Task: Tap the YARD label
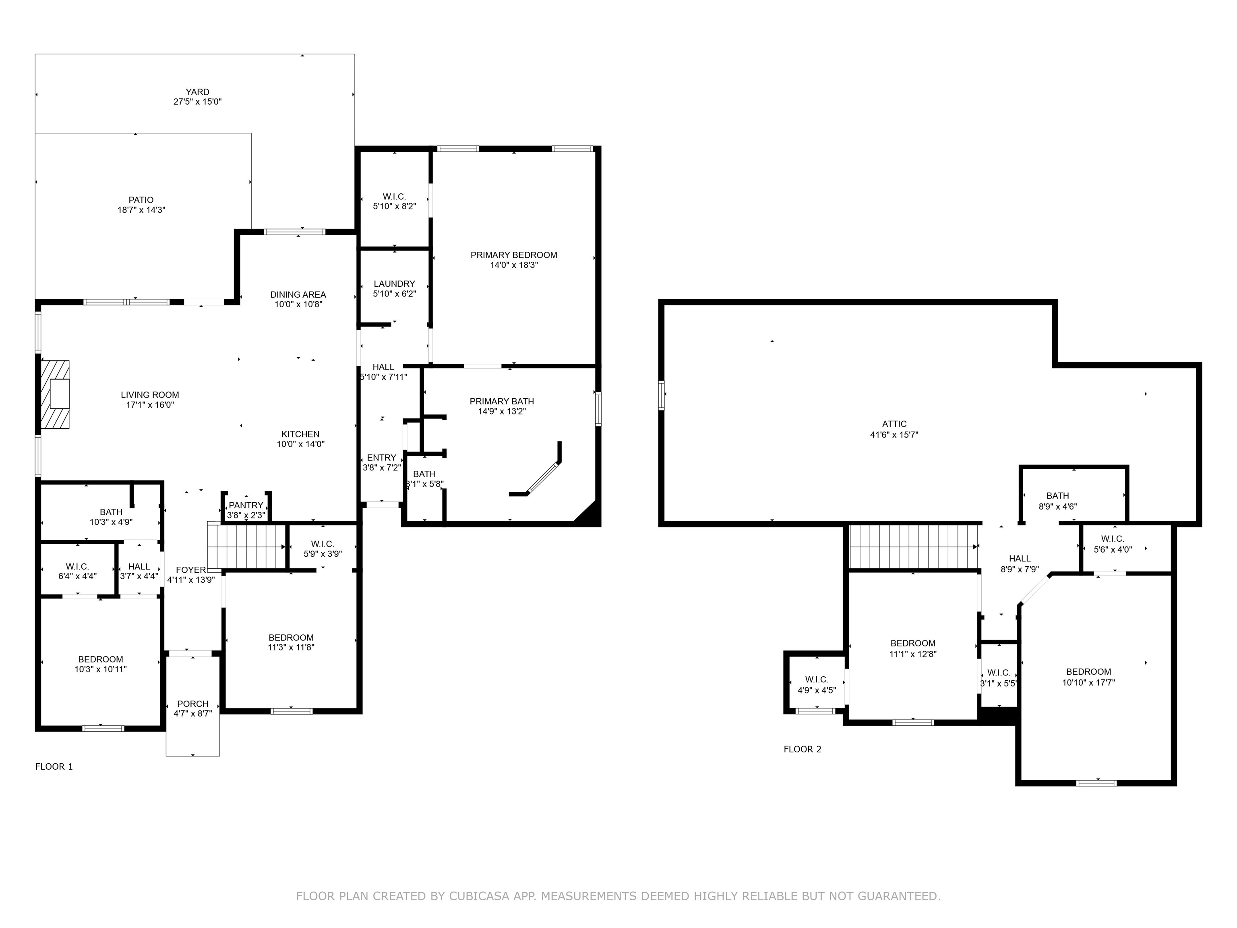point(197,92)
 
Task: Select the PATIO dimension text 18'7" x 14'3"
point(141,210)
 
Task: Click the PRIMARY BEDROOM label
point(514,255)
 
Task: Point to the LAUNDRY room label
point(394,284)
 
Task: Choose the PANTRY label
point(246,505)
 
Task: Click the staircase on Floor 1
point(246,545)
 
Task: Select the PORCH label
point(193,704)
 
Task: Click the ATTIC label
point(894,424)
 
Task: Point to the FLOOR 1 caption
point(54,766)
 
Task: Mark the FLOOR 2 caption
point(803,749)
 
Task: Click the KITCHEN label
point(300,434)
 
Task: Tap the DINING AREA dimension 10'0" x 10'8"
point(298,304)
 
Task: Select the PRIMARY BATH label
point(502,401)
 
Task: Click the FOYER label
point(191,570)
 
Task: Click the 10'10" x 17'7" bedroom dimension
point(1088,682)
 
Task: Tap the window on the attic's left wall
point(662,395)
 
